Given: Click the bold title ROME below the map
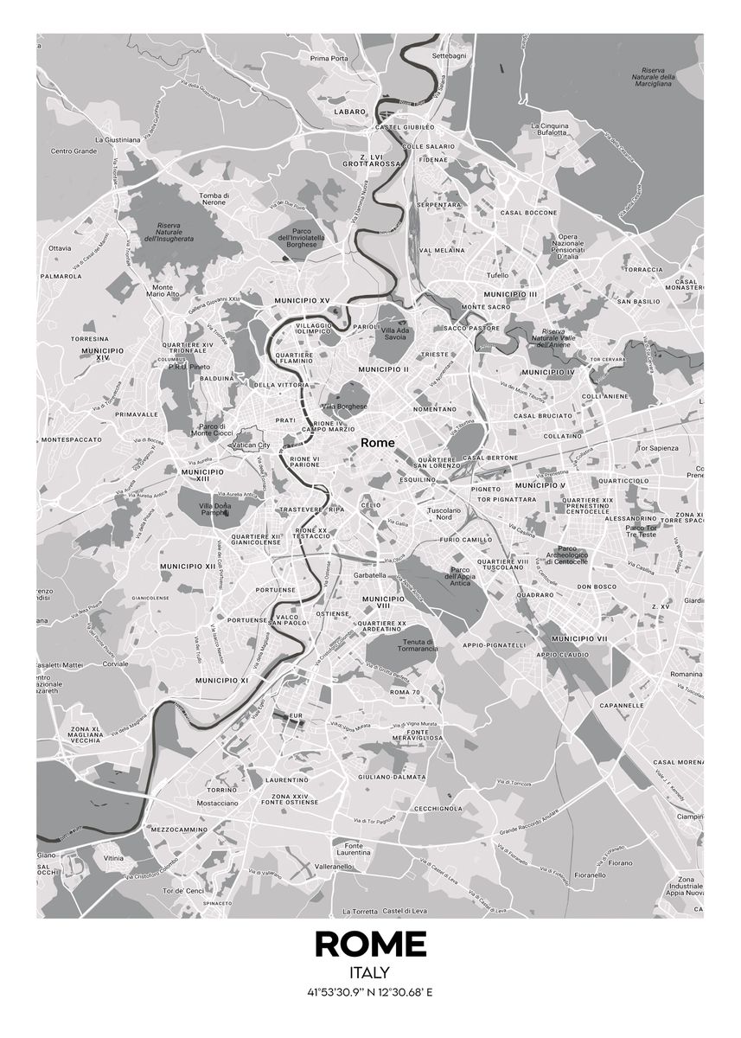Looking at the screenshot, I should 370,944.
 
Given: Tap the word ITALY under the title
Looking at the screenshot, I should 370,973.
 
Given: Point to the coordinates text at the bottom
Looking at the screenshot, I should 370,991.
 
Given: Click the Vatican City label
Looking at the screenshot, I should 252,445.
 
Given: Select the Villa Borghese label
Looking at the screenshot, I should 344,406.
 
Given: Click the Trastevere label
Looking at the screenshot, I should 299,509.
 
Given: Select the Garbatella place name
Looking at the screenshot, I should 369,575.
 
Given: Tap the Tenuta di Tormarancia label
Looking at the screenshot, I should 419,644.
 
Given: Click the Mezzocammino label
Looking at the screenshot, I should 179,829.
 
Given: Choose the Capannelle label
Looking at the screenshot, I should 642,705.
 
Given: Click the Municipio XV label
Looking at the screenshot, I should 302,300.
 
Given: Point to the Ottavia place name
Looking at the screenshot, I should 60,248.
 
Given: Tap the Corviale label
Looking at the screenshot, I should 115,663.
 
